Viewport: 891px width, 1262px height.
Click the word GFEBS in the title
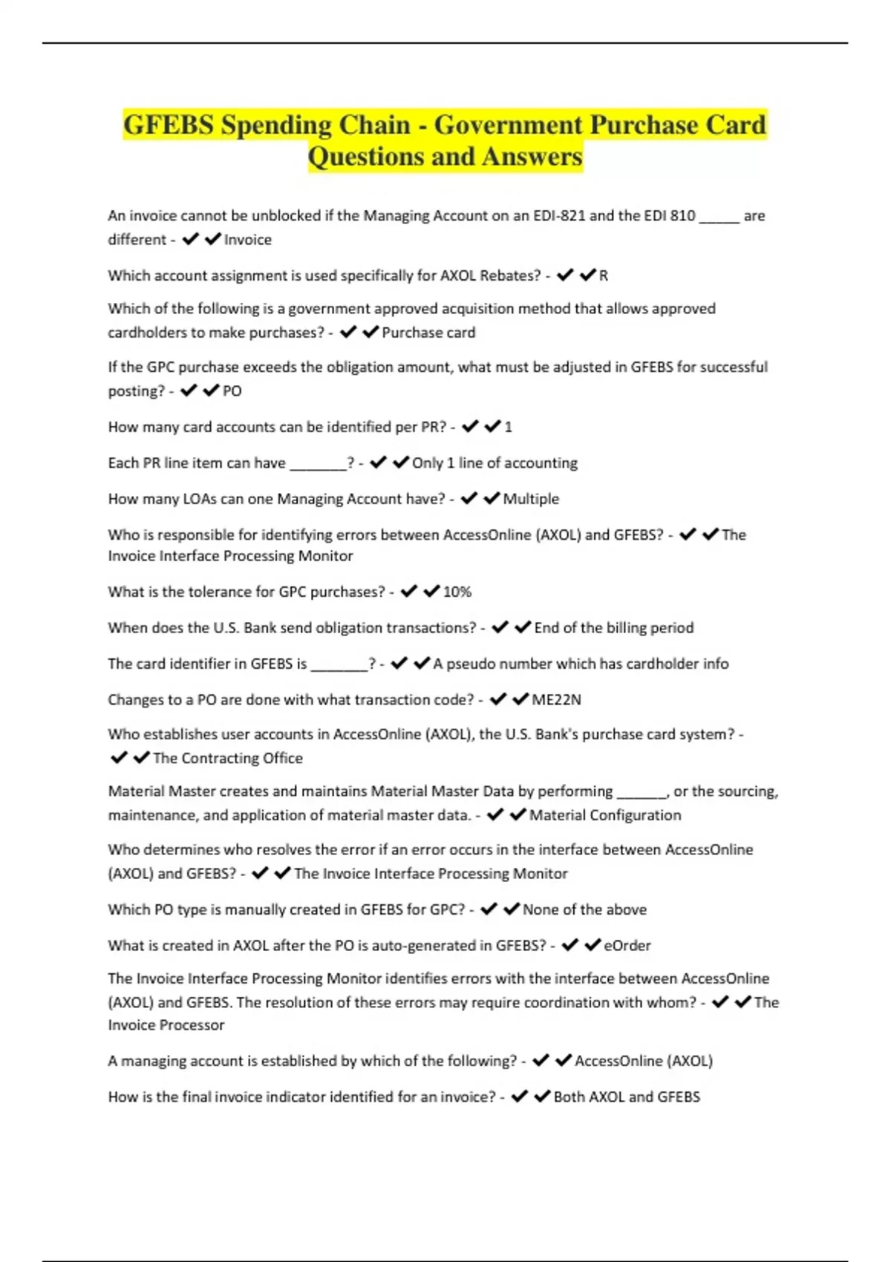168,125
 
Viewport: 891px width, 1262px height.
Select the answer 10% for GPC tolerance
457,592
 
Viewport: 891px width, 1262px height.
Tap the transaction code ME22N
556,699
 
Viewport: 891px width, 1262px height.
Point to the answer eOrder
627,945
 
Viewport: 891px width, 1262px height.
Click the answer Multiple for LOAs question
531,499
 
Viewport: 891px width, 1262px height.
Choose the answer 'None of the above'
584,909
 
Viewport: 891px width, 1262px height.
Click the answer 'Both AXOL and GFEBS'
627,1096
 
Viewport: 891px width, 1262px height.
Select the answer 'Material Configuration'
605,815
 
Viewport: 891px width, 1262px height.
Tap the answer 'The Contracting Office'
228,758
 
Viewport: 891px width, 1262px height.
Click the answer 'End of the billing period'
614,627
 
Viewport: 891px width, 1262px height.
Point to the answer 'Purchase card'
428,333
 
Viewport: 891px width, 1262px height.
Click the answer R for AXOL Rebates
604,275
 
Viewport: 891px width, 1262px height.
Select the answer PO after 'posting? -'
232,391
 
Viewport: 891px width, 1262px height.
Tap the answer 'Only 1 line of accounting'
495,463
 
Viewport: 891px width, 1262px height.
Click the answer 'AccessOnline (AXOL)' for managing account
644,1061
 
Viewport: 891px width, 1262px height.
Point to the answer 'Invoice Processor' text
166,1025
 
